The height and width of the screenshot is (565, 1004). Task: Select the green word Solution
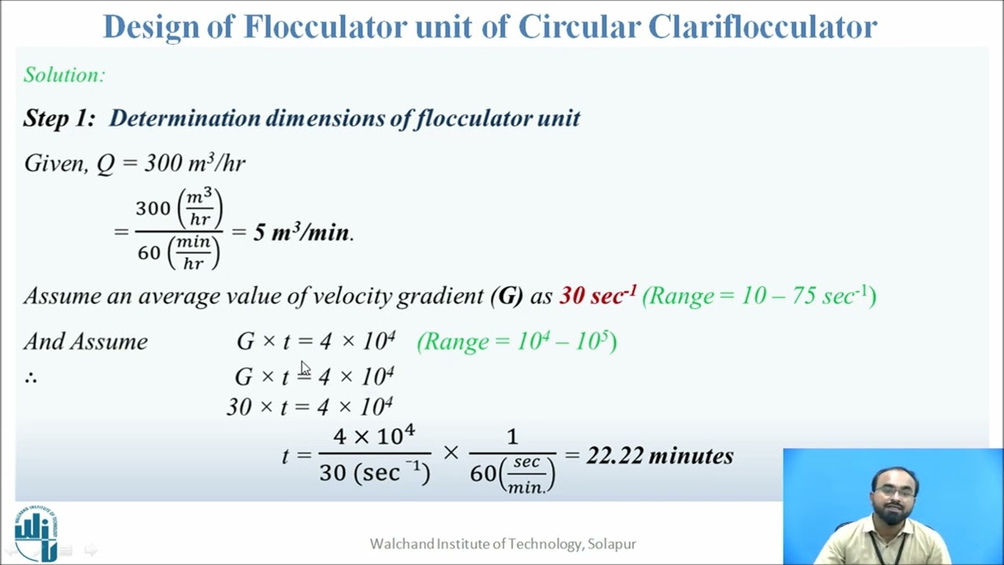coord(64,75)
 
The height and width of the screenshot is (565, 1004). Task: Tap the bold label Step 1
coord(59,118)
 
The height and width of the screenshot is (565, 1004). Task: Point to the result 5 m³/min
coord(303,233)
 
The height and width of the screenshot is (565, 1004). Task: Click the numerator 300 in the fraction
coord(153,209)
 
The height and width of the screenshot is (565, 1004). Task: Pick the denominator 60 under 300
coord(149,253)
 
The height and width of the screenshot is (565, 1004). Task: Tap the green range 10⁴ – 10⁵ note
coord(517,342)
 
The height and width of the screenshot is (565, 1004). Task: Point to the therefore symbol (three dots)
coord(31,377)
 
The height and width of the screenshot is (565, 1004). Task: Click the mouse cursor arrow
coord(304,369)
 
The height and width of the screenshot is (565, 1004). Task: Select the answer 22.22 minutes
coord(660,456)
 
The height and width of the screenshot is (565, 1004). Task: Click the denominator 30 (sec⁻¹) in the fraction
coord(374,472)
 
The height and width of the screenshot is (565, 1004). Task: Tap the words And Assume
coord(85,342)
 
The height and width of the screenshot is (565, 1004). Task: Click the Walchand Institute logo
coord(36,533)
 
